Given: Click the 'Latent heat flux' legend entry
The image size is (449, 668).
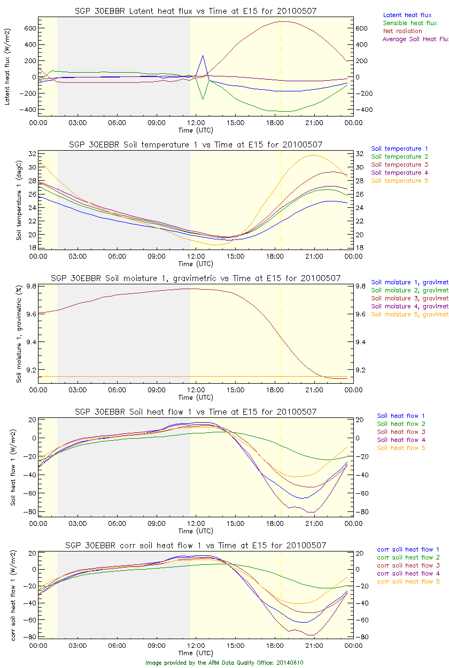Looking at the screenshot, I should point(407,15).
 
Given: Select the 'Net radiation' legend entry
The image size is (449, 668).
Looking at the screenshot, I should point(402,31).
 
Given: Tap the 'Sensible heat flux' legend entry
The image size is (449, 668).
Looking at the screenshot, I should point(410,24).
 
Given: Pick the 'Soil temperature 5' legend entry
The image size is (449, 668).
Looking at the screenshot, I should point(400,181).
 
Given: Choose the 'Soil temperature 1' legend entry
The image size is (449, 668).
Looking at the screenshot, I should point(400,149).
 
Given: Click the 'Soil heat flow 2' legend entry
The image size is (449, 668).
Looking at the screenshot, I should point(401,424).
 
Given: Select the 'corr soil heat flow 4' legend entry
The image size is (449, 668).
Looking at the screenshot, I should point(408,573).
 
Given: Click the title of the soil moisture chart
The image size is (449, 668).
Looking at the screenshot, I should point(196,278).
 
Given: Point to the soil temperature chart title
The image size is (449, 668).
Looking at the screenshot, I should point(196,145).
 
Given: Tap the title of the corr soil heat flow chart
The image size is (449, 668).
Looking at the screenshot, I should point(196,546).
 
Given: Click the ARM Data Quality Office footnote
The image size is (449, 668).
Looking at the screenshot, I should point(224,663).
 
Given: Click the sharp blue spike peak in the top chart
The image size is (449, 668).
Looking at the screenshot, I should point(203,55).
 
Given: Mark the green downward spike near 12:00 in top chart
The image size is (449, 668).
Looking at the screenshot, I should point(203,99).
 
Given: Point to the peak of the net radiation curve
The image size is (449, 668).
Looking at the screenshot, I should point(282,21).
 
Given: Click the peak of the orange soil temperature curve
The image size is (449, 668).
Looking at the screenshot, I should point(312,156).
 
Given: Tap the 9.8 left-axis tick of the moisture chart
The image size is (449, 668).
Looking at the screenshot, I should point(30,286).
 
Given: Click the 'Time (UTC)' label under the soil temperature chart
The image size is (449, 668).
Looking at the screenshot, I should point(196,264).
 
